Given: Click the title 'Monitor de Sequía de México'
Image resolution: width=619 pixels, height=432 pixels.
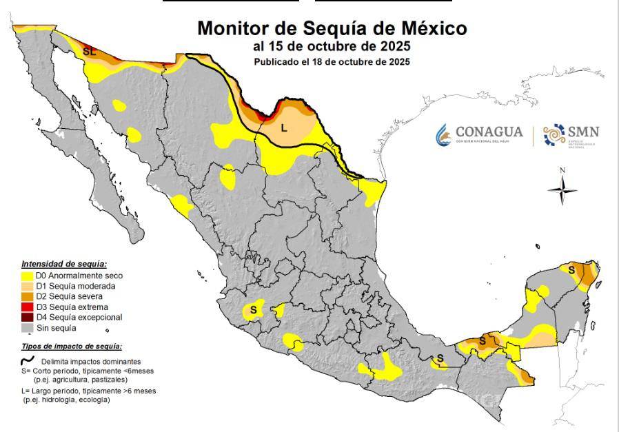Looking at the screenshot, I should [x=332, y=29].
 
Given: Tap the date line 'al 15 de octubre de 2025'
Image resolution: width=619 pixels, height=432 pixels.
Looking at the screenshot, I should [x=332, y=47].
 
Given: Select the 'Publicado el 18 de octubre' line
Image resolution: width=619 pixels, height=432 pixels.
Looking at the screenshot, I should [x=332, y=61].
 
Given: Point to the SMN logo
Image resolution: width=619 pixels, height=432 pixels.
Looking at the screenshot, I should [x=571, y=135].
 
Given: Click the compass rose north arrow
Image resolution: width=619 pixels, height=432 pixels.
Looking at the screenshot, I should [x=562, y=187].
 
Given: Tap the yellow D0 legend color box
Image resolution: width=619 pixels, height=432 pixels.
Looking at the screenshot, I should [x=27, y=276].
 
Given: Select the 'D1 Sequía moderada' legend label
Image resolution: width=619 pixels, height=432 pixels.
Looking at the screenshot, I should [x=75, y=286].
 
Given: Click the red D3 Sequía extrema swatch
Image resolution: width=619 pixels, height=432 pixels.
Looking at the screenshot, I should [x=27, y=307].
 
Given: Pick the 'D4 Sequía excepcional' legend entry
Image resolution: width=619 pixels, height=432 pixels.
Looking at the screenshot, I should [x=79, y=318].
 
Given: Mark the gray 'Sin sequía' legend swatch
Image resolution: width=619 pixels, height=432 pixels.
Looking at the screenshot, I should [x=27, y=328].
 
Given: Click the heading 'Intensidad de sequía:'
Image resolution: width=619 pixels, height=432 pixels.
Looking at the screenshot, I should [x=63, y=264].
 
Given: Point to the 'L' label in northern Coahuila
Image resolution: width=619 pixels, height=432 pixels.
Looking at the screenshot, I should [x=283, y=127].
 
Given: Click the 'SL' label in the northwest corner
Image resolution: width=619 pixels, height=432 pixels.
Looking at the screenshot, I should [x=89, y=52].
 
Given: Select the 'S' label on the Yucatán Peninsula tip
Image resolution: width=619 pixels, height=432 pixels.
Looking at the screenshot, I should [x=571, y=271].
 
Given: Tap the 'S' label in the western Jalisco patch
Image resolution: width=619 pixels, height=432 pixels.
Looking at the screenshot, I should [x=253, y=310].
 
